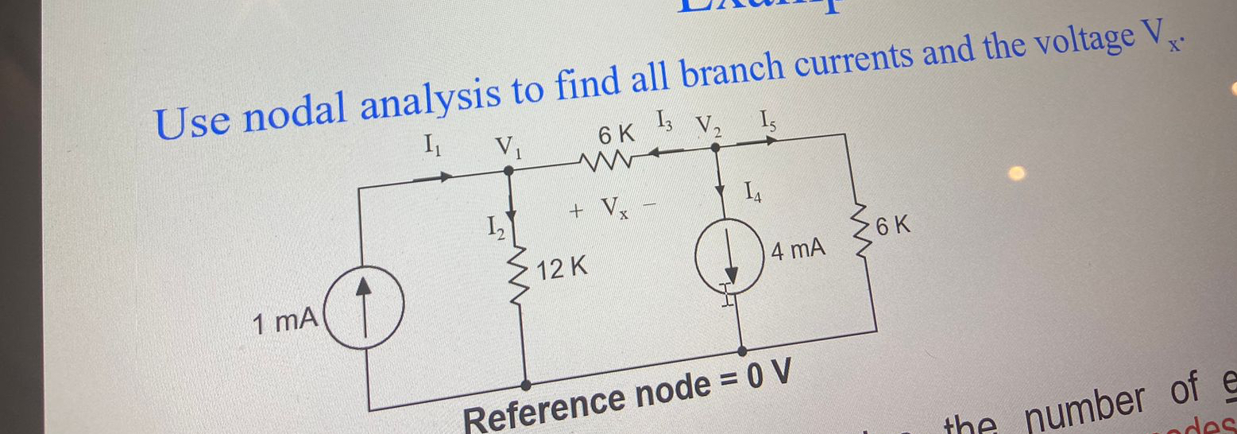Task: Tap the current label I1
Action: click(x=432, y=145)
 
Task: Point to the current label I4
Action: click(x=752, y=192)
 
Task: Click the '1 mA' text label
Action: click(x=284, y=322)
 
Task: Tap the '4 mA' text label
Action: click(x=798, y=253)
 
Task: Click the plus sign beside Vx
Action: click(x=577, y=211)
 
